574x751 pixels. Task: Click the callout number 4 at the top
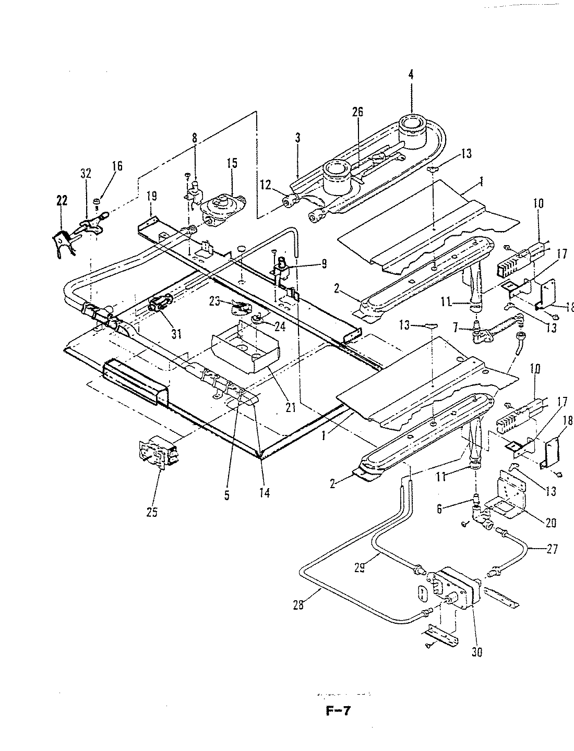point(411,75)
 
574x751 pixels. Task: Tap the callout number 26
point(357,112)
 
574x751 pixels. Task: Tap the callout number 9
point(324,264)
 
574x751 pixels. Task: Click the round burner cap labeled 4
point(414,128)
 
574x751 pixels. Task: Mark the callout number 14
point(265,492)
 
